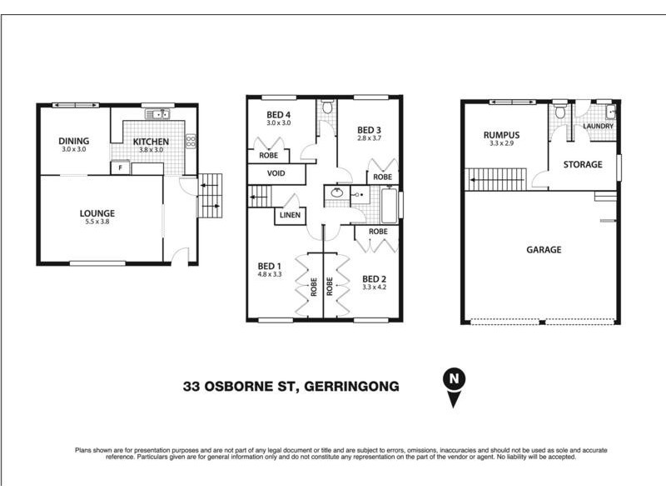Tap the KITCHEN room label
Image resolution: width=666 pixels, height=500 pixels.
click(x=151, y=142)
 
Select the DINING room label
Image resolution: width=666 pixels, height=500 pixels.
click(x=73, y=141)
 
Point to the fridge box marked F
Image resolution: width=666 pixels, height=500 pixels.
click(x=121, y=167)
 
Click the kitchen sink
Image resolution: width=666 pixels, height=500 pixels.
click(x=156, y=114)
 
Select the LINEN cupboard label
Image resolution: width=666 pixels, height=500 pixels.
click(x=291, y=216)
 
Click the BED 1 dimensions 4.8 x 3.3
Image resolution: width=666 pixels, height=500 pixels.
click(x=271, y=274)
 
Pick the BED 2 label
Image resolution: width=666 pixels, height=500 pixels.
click(x=374, y=279)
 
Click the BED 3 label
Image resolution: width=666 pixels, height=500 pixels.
click(x=369, y=129)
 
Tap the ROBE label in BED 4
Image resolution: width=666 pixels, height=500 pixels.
click(x=269, y=155)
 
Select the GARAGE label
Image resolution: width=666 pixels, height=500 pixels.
click(x=544, y=249)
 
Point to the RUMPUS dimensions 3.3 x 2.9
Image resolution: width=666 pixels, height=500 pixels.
click(x=502, y=143)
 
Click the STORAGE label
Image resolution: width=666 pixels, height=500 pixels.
click(x=582, y=165)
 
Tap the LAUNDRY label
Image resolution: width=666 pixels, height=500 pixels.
click(x=599, y=127)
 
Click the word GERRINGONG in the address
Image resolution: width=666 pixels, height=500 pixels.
click(x=352, y=386)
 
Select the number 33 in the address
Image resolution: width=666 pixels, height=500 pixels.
click(x=192, y=386)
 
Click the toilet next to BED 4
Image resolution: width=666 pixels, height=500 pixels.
click(x=328, y=107)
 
